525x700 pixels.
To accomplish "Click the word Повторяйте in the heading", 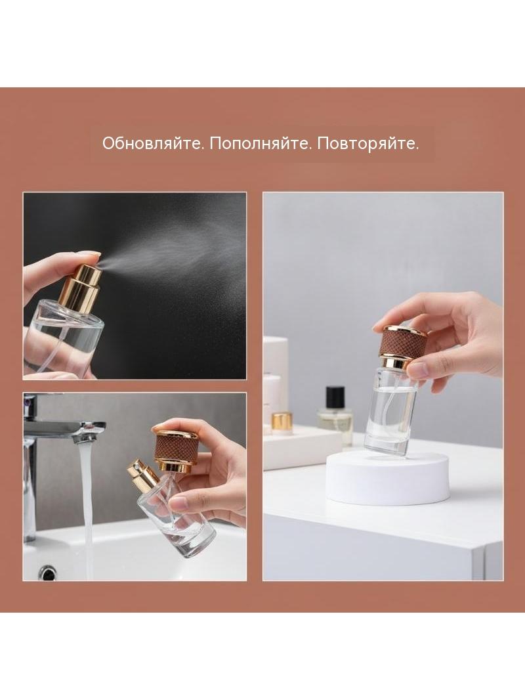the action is coord(368,143).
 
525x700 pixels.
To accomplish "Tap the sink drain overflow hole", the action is coord(47,573).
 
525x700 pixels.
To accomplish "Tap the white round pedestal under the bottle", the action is coord(387,477).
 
